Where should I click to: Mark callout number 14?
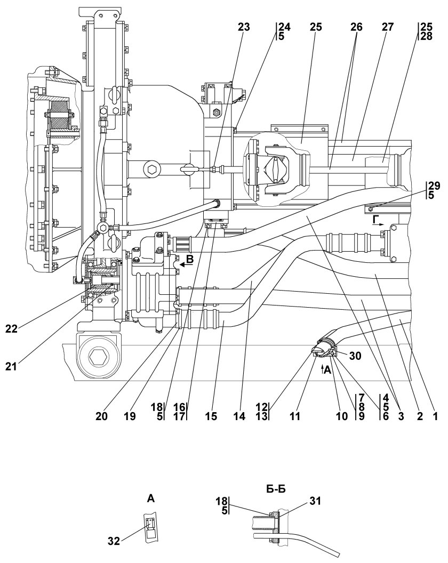(241, 415)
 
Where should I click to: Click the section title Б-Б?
(275, 487)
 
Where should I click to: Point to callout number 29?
(434, 186)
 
